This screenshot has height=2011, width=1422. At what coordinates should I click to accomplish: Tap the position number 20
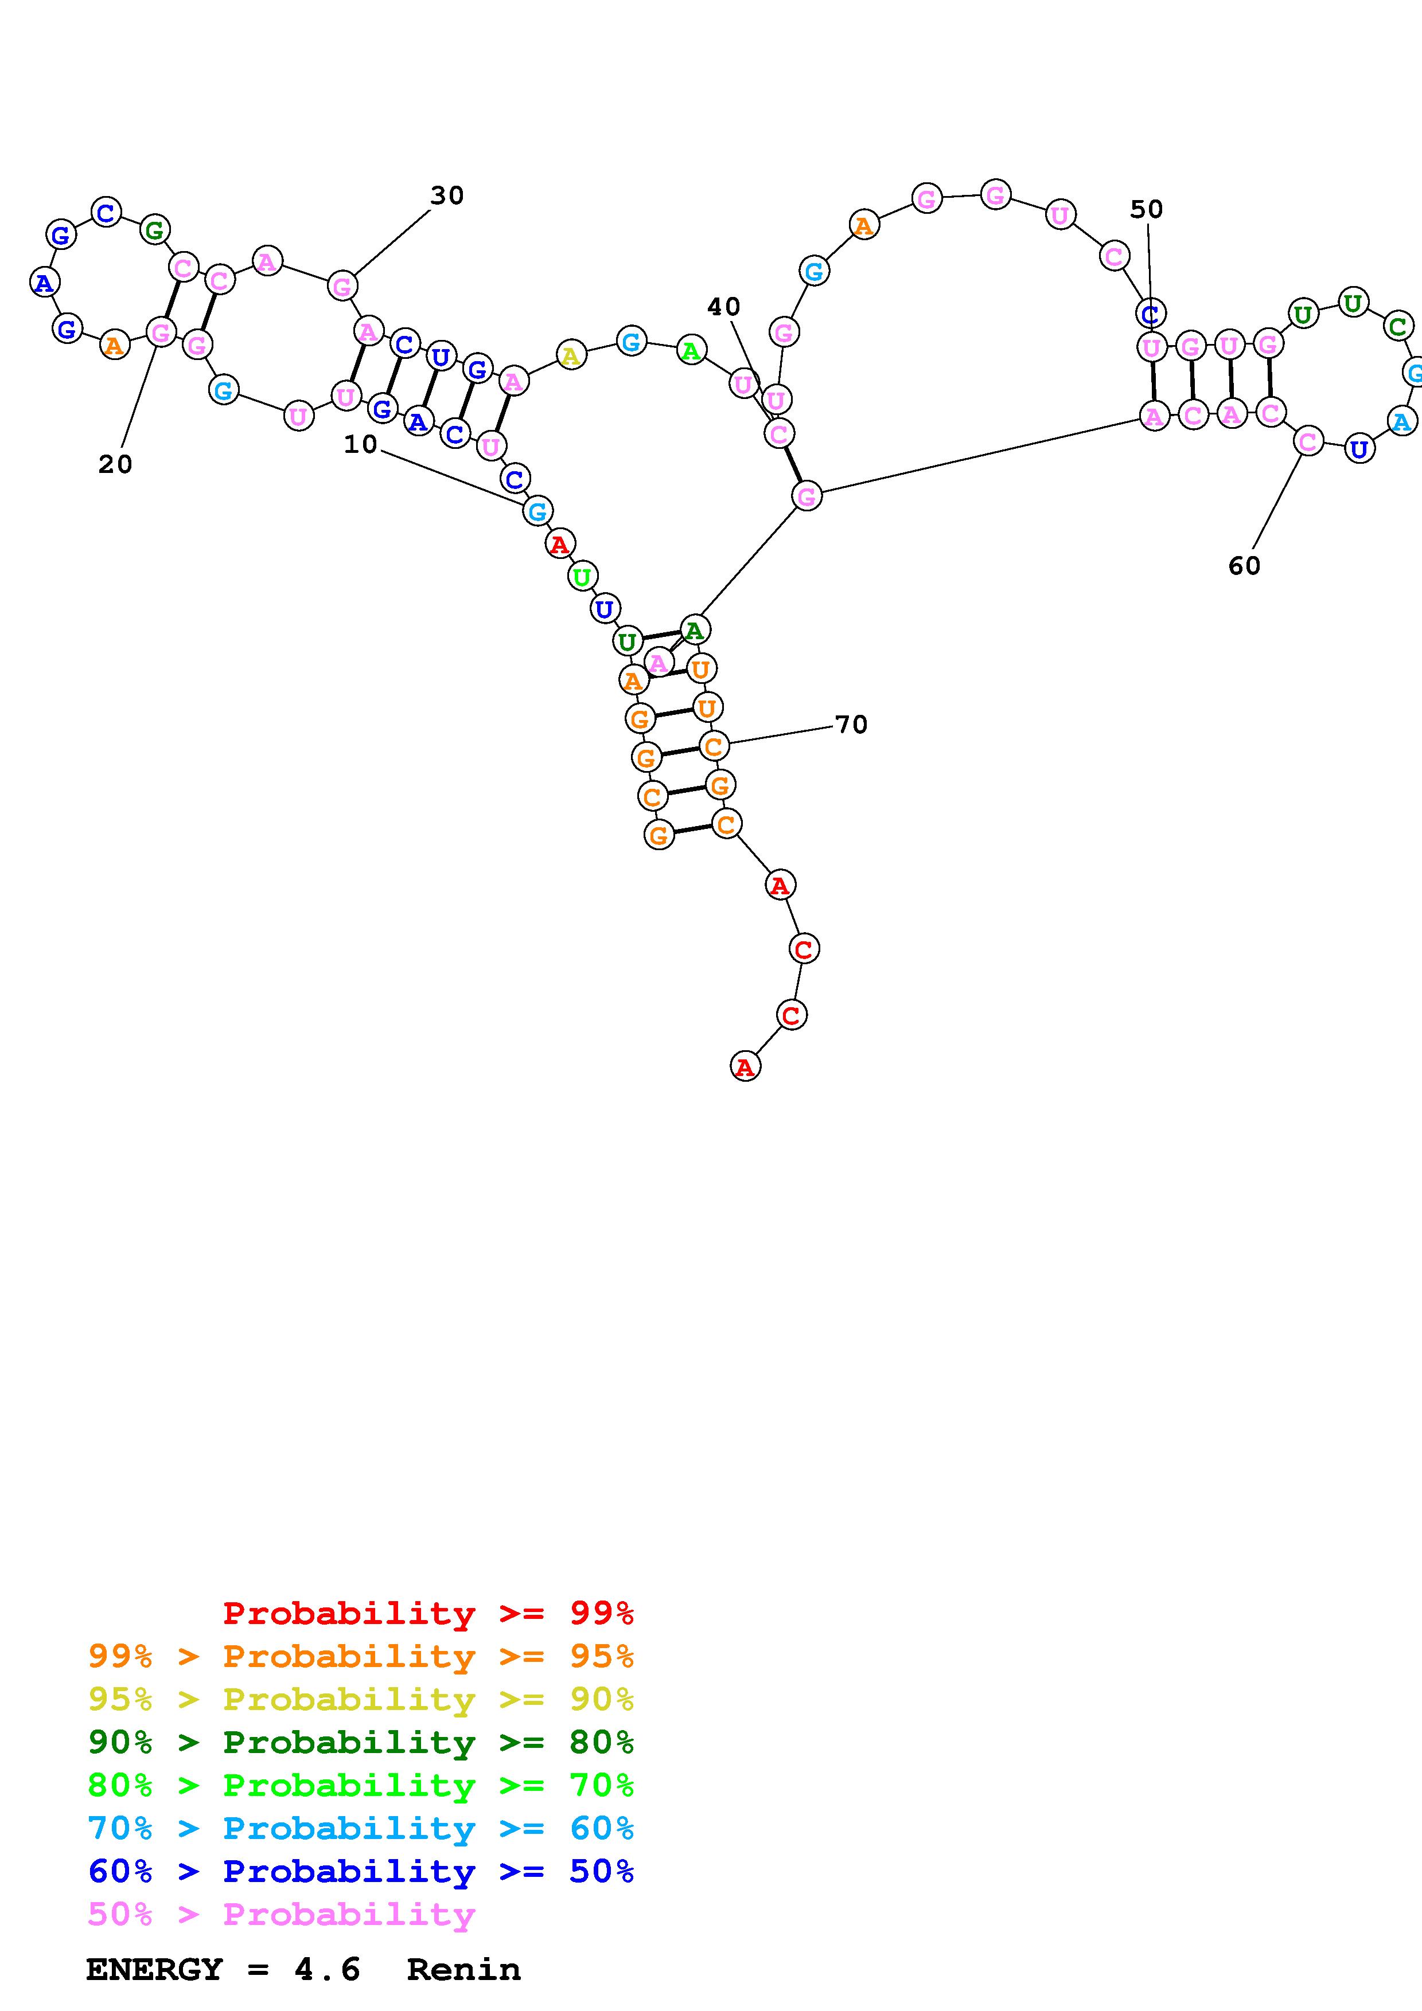coord(115,464)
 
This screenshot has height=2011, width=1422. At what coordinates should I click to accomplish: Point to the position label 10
coord(360,445)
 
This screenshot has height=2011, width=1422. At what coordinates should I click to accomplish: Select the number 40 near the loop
coord(724,307)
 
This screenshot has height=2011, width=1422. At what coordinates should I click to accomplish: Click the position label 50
coord(1146,209)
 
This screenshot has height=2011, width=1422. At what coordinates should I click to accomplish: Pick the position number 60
coord(1244,566)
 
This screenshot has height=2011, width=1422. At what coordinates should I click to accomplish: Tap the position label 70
coord(851,725)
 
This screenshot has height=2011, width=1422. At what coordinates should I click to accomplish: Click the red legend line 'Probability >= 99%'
coord(428,1613)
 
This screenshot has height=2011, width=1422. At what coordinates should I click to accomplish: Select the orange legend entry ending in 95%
coord(361,1656)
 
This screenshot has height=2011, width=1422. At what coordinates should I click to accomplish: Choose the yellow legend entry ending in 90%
coord(361,1699)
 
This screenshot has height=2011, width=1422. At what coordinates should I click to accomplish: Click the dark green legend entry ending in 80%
coord(361,1742)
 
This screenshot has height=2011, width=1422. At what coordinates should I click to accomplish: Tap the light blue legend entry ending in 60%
coord(361,1828)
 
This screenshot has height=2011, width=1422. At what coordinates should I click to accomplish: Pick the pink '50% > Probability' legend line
coord(281,1914)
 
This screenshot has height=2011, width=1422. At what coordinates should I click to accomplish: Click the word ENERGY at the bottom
coord(154,1969)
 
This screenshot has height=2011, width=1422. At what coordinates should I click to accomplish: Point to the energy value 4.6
coord(327,1969)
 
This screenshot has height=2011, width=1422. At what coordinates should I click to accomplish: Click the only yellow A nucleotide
coord(570,355)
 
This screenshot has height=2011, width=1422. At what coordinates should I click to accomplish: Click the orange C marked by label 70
coord(714,746)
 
